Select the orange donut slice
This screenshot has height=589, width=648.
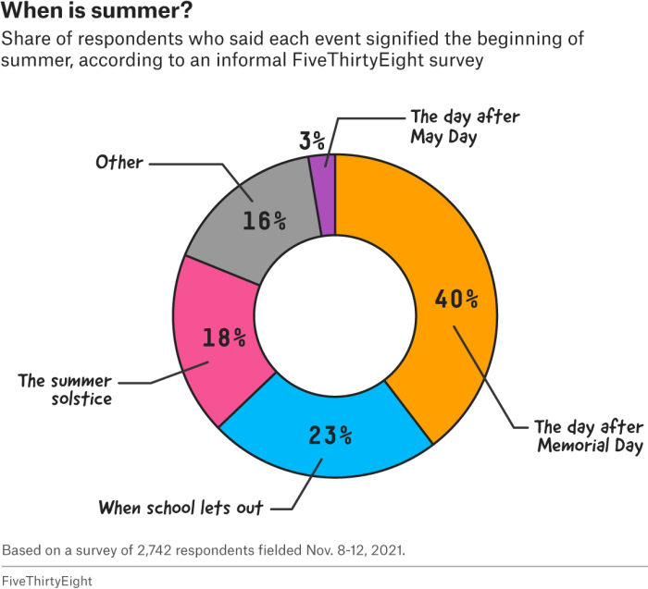(x=435, y=240)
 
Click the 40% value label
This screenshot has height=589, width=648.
(x=457, y=299)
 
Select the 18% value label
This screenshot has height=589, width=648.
(x=224, y=337)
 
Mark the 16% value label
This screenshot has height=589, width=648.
(x=264, y=221)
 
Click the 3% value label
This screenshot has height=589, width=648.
(x=312, y=141)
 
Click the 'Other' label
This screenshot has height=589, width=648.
(x=119, y=163)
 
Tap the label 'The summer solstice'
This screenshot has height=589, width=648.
(x=65, y=389)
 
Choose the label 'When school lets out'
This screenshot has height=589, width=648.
(x=181, y=507)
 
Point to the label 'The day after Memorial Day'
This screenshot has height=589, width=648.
(x=588, y=436)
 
